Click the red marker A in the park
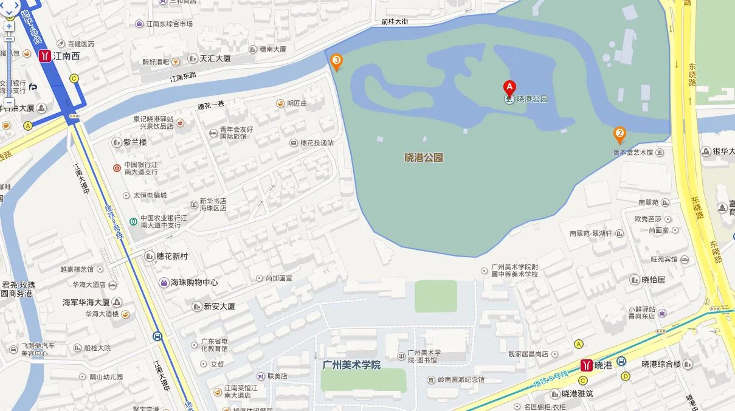coord(509,87)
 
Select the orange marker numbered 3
coord(336,61)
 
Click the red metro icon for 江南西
coord(44,56)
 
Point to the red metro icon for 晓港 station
coord(587,365)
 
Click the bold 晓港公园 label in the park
coord(424,157)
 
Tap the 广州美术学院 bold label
coord(351,365)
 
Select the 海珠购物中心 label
coord(194,283)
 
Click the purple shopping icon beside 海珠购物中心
coord(164,283)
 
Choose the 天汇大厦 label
coord(215,59)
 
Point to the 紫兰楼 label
coord(135,142)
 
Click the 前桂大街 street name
coord(395,22)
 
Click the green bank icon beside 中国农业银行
coord(132,221)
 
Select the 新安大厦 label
coord(219,306)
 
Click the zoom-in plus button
coord(9,27)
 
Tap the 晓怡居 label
coord(654,280)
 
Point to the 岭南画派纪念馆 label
coord(461,379)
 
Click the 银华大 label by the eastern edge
coord(723,151)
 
